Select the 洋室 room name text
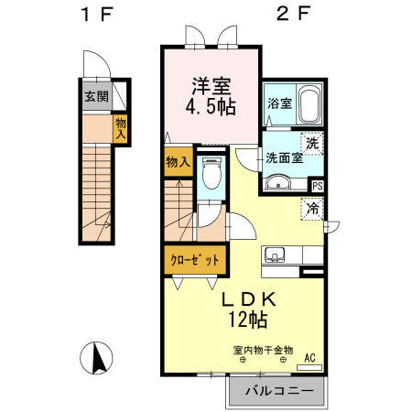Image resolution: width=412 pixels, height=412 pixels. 211,86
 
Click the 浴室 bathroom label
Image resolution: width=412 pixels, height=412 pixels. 279,103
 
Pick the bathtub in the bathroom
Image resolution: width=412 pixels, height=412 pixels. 309,105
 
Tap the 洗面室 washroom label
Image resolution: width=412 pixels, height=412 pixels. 284,157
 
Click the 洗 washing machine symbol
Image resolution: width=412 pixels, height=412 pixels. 313,143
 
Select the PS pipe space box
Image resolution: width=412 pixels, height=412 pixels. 317,186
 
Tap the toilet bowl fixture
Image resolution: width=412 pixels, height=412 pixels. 211,174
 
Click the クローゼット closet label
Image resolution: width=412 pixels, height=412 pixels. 195,260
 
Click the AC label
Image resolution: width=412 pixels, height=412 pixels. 309,358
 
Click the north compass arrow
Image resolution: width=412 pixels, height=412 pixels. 96,356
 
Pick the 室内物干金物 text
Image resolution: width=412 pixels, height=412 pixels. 263,349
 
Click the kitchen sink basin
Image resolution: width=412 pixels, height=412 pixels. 275,254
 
